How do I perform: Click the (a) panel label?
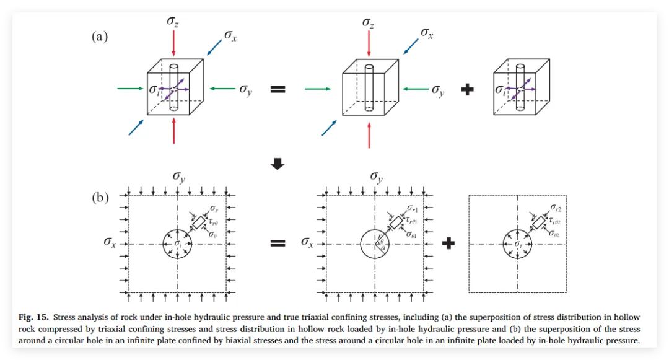(99, 37)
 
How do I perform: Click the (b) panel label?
(99, 198)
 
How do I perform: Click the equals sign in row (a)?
(278, 90)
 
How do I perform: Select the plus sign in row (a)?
(468, 90)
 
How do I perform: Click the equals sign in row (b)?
(278, 244)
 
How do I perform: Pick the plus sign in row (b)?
(448, 244)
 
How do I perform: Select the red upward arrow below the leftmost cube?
(174, 131)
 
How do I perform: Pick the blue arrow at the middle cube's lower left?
(329, 127)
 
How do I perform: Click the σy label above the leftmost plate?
(179, 177)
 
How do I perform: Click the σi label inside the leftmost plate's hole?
(178, 244)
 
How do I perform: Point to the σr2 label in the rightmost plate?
(556, 209)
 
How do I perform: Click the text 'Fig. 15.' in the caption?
(32, 318)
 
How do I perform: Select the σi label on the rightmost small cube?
(499, 90)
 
